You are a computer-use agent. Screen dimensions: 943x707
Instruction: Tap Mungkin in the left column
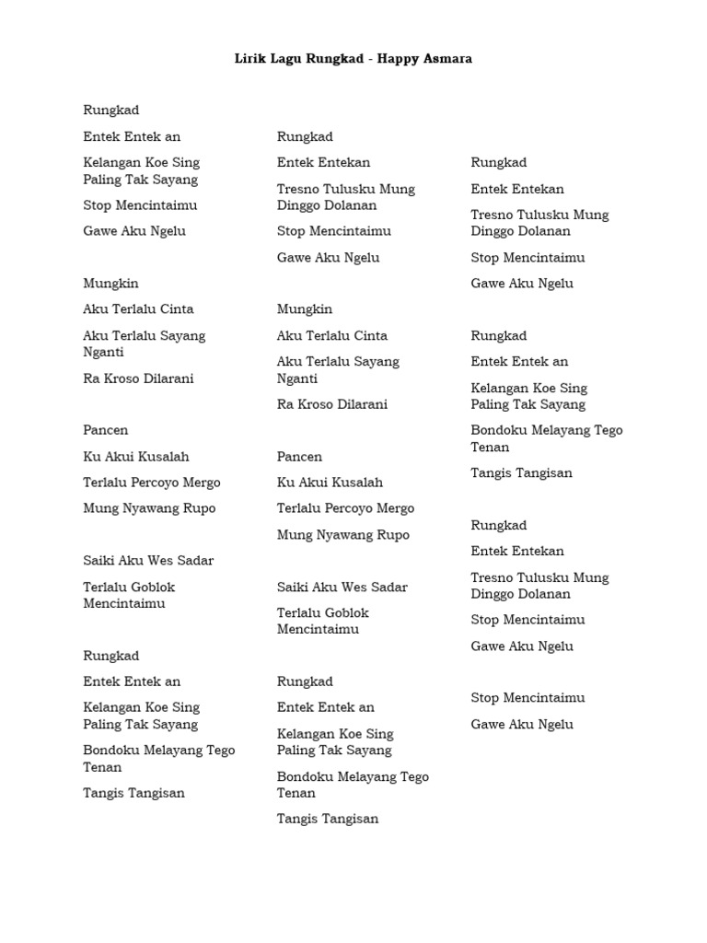click(x=110, y=284)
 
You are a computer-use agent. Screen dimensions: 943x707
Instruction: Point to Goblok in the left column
click(x=152, y=587)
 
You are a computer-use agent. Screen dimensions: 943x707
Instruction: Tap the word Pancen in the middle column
click(x=299, y=457)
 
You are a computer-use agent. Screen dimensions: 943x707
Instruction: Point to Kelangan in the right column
click(x=499, y=389)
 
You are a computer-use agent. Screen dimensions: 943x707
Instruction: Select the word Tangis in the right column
click(x=490, y=473)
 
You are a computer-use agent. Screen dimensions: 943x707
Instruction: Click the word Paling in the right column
click(x=490, y=404)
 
